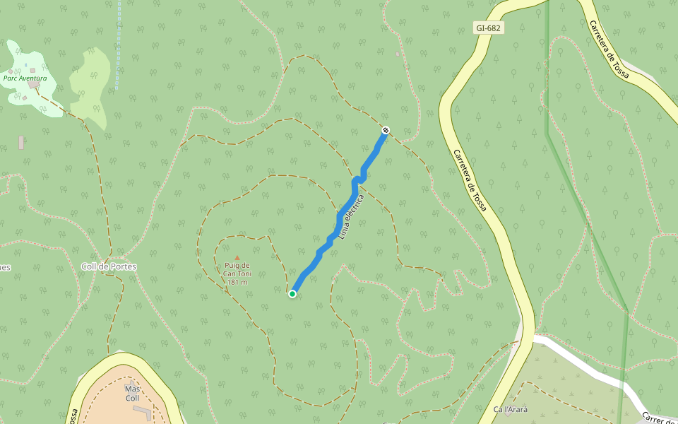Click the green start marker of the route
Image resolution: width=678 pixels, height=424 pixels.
[x=292, y=294]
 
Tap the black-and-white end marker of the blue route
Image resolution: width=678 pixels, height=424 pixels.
[x=386, y=130]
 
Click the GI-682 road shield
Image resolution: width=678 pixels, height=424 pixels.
[x=489, y=28]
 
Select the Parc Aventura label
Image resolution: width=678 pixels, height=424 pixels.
[x=25, y=78]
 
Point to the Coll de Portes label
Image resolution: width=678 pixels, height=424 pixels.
[x=109, y=266]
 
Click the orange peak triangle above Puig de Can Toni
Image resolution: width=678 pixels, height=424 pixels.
[x=237, y=257]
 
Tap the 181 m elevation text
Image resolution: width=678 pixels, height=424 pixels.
[x=238, y=282]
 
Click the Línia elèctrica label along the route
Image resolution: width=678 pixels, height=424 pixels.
[x=350, y=216]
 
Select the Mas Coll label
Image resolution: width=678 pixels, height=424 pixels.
[x=132, y=394]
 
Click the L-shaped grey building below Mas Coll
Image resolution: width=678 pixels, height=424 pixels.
[x=143, y=411]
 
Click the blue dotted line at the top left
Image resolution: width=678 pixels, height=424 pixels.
[x=118, y=42]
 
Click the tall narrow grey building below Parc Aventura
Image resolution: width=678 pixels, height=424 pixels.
[x=21, y=142]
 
